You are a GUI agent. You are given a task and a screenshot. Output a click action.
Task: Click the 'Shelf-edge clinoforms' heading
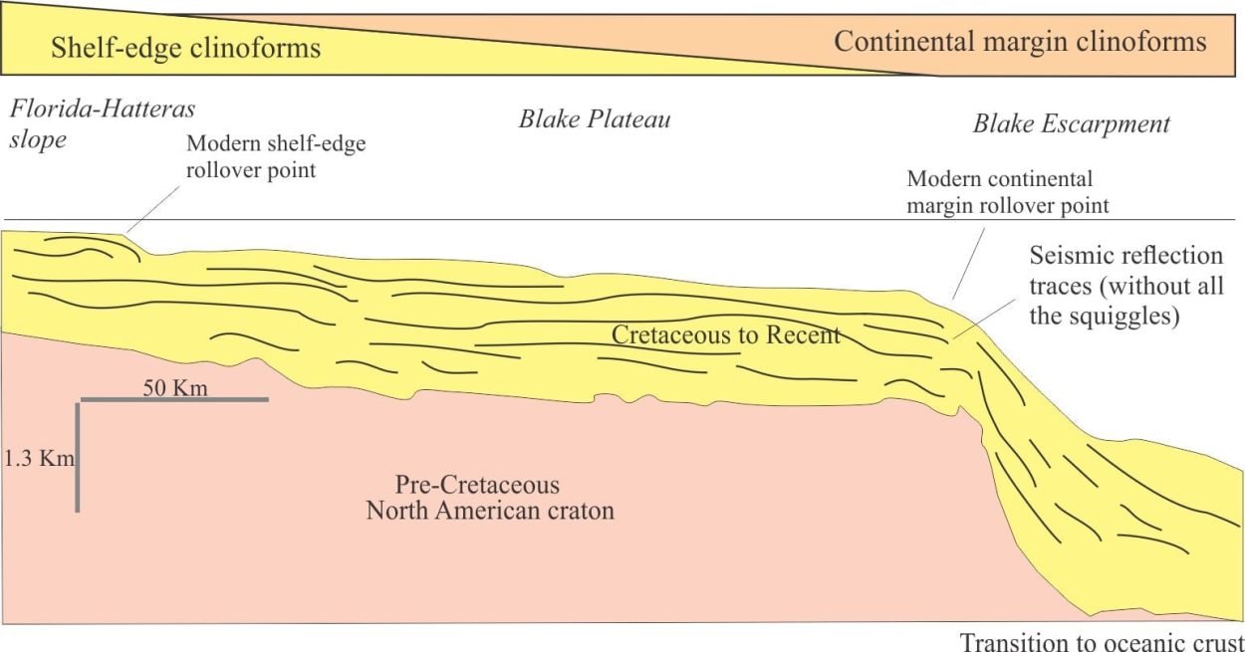click(185, 47)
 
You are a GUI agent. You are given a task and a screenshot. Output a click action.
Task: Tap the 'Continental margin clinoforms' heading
click(1020, 42)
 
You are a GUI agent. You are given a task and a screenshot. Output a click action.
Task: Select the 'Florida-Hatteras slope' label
click(103, 123)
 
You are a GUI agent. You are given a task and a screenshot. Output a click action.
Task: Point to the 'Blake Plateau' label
click(595, 118)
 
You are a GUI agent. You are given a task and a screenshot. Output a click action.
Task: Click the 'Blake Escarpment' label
click(1071, 123)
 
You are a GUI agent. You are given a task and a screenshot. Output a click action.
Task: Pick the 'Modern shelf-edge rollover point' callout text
click(276, 156)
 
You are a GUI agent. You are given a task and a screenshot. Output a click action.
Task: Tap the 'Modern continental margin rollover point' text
click(1008, 192)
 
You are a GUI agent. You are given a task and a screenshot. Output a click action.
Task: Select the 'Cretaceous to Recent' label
click(726, 334)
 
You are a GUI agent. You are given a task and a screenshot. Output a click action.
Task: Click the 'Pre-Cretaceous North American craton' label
click(490, 498)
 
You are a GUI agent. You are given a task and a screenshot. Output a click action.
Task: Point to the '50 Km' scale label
click(175, 387)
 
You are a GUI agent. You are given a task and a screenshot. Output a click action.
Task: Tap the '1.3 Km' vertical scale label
click(39, 459)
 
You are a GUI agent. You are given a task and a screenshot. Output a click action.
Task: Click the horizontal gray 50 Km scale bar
click(174, 399)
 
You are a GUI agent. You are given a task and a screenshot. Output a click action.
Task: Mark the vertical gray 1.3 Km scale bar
click(78, 458)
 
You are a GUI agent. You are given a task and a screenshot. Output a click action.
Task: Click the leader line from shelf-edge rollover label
click(153, 209)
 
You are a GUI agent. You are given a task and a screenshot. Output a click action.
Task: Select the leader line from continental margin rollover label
click(969, 263)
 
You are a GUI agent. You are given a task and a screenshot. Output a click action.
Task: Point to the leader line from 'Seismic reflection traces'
click(985, 319)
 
